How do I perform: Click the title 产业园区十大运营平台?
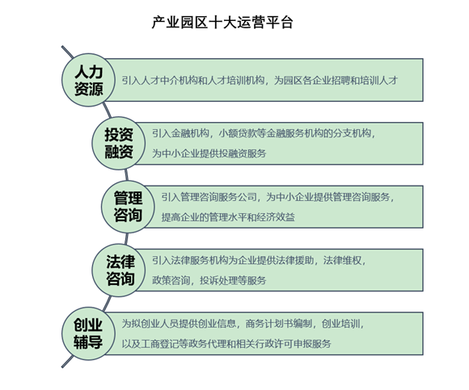(x=222, y=23)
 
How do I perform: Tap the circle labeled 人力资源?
(x=88, y=80)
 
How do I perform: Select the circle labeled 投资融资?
(x=118, y=144)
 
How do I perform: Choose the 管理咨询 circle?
(x=128, y=207)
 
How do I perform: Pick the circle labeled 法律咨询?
(x=118, y=270)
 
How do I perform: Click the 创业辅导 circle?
(x=88, y=333)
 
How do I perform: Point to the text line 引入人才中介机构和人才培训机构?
(x=193, y=80)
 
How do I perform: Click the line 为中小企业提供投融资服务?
(x=209, y=153)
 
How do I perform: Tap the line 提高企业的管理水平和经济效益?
(x=228, y=217)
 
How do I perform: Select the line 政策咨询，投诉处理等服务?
(x=209, y=280)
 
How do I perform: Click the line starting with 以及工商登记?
(x=226, y=344)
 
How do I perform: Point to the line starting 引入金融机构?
(x=264, y=133)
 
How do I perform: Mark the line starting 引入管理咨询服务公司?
(x=278, y=197)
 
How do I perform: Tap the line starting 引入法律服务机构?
(x=259, y=260)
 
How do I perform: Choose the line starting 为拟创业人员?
(x=243, y=324)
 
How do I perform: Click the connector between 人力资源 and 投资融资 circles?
(x=107, y=111)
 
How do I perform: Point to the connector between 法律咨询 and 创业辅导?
(x=107, y=303)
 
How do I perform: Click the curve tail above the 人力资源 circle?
(x=67, y=52)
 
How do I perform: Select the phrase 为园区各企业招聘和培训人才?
(x=336, y=80)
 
